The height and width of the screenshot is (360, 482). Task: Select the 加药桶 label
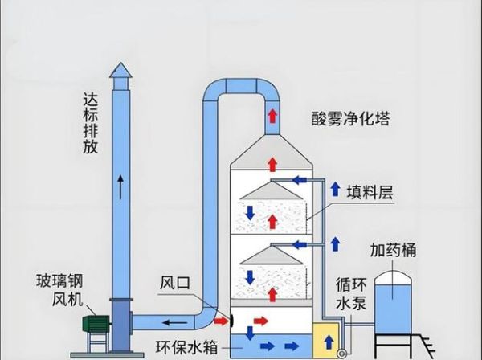click(x=393, y=250)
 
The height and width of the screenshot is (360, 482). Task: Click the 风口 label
click(x=174, y=284)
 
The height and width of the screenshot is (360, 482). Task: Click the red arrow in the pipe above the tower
click(x=272, y=115)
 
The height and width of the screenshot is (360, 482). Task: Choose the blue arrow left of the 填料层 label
click(x=333, y=189)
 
